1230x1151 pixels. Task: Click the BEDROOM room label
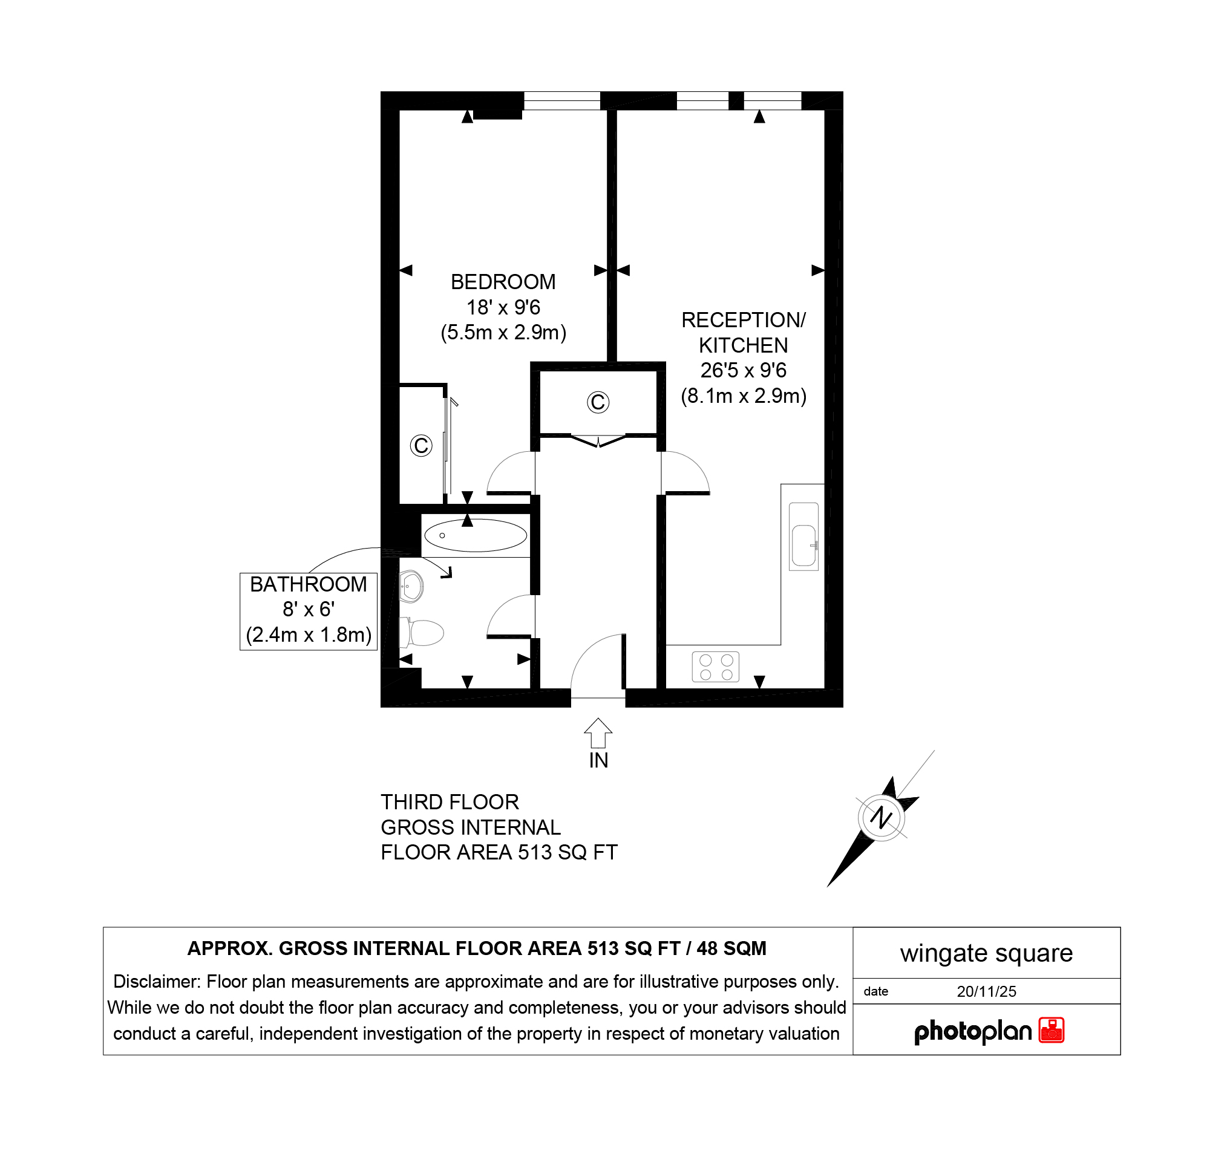[503, 282]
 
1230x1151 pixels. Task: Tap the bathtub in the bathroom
[475, 535]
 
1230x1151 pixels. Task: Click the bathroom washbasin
[411, 585]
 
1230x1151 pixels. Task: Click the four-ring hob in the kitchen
[716, 667]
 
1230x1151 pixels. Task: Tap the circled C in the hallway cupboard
[598, 403]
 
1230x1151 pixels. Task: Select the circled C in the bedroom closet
[421, 445]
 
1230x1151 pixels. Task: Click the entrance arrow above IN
[598, 733]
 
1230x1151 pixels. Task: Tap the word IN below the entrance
[598, 761]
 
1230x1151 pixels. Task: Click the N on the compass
[881, 818]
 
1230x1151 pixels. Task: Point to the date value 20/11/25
[986, 991]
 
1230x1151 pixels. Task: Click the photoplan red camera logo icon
[1051, 1031]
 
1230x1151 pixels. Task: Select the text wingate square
[986, 953]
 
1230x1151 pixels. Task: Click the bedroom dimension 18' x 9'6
[503, 307]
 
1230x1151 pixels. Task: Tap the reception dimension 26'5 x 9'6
[743, 371]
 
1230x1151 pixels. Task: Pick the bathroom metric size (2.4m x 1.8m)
[309, 635]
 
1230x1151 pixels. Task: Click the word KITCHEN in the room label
[743, 345]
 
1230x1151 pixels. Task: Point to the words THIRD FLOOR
[450, 802]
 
